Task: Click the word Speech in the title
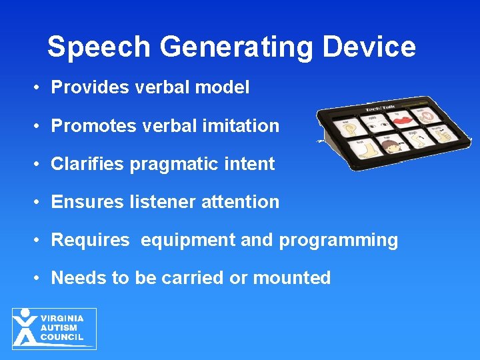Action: pos(99,47)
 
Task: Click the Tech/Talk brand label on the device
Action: pos(380,109)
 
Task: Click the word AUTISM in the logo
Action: pos(59,328)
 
